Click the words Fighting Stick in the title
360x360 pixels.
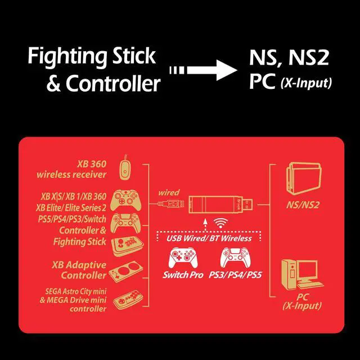[91, 56]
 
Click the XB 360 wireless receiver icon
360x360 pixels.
[127, 167]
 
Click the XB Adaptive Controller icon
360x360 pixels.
[127, 272]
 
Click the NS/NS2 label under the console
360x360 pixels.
[302, 206]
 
